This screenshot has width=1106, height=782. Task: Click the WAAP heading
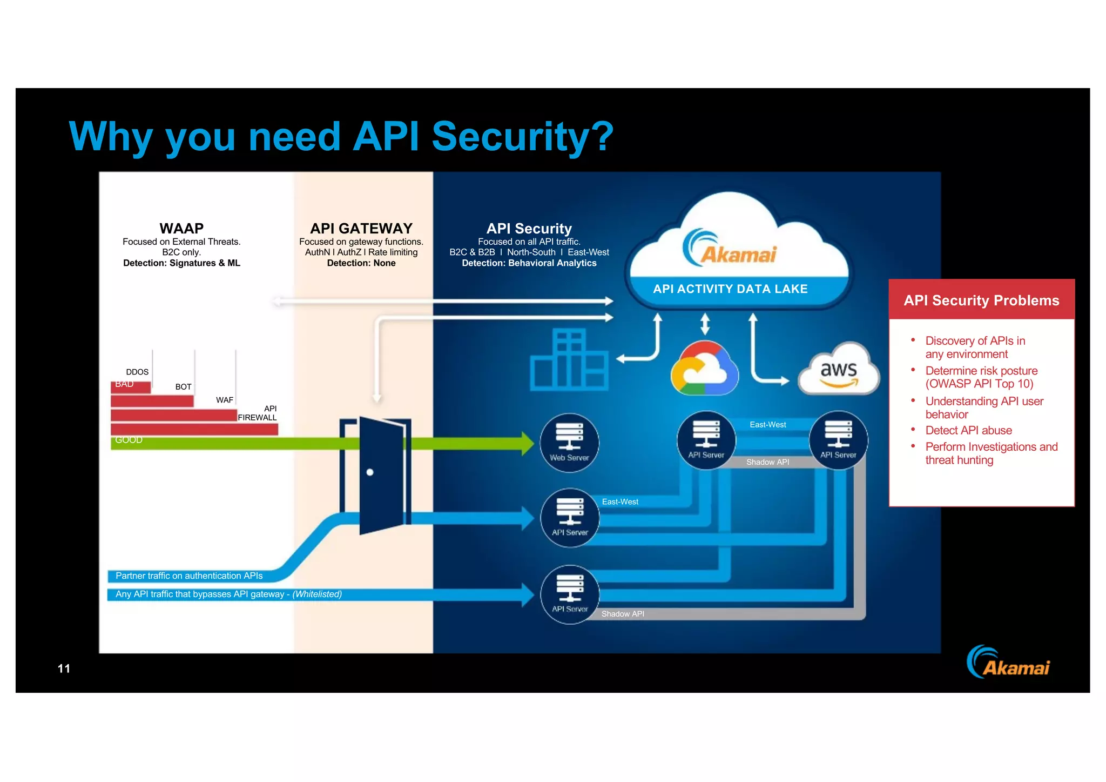(x=181, y=228)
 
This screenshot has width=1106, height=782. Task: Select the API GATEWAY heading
(x=361, y=228)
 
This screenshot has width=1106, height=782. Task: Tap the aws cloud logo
(x=838, y=371)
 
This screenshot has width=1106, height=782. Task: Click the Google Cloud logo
(x=704, y=370)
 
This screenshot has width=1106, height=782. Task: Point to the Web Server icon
(x=569, y=443)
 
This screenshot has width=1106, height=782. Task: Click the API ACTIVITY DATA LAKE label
(x=730, y=289)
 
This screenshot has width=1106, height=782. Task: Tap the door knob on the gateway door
(x=370, y=472)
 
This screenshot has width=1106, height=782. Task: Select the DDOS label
(x=137, y=372)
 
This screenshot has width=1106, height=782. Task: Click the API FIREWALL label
(x=258, y=413)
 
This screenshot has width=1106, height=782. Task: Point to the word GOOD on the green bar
(x=129, y=440)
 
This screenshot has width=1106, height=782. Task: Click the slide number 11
(x=64, y=669)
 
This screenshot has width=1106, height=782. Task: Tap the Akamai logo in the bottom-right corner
(x=1008, y=663)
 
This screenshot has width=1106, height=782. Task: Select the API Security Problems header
(x=981, y=300)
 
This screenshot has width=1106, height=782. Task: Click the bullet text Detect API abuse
(x=968, y=431)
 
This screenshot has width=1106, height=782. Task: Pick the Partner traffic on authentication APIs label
(x=189, y=576)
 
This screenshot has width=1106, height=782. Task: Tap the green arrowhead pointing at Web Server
(x=527, y=444)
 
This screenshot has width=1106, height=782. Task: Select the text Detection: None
(x=361, y=263)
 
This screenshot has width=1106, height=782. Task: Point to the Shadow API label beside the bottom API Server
(x=623, y=614)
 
